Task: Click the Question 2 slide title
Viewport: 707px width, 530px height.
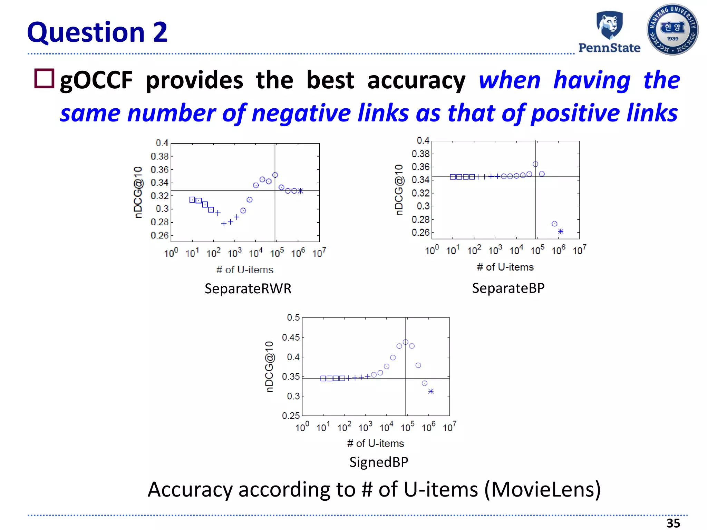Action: point(97,32)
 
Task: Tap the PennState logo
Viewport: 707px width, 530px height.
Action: point(609,32)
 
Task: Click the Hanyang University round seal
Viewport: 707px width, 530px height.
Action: point(672,30)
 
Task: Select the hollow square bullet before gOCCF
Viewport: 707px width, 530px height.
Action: point(44,79)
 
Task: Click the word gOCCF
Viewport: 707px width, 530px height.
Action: point(96,80)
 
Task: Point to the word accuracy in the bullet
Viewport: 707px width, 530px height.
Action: point(416,80)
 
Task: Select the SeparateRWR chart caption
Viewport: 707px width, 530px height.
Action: point(248,288)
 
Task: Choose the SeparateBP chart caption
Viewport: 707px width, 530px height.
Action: point(508,288)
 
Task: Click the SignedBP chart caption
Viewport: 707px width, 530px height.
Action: point(379,462)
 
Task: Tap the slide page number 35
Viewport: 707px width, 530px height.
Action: point(673,523)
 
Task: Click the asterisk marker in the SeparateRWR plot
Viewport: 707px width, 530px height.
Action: point(301,191)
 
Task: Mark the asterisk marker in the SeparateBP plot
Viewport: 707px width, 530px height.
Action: point(561,232)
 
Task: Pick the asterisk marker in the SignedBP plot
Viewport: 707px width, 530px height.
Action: point(431,391)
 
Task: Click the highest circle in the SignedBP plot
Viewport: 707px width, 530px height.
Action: point(406,342)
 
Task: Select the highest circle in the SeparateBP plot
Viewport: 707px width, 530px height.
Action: point(535,164)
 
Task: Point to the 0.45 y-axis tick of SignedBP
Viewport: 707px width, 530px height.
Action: point(291,337)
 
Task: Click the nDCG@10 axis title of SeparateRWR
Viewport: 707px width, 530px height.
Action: point(138,192)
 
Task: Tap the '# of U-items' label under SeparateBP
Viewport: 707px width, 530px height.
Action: point(505,267)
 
